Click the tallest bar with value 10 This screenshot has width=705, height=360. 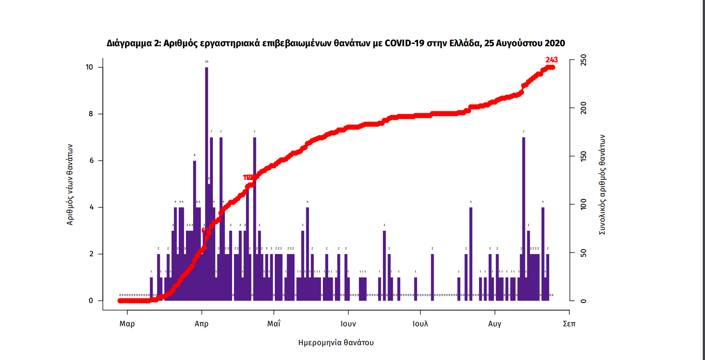(207, 180)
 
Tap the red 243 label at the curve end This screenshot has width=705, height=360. (551, 60)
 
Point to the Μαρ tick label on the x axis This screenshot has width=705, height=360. (127, 324)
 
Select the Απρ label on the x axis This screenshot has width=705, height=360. (202, 324)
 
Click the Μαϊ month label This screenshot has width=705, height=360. (274, 324)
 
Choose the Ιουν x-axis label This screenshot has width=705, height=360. (348, 324)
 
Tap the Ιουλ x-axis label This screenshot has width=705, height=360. (420, 324)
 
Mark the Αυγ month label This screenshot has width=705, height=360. (495, 324)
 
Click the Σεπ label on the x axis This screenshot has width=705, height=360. (569, 324)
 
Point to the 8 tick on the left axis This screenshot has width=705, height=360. (91, 114)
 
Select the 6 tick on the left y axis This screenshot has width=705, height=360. (92, 161)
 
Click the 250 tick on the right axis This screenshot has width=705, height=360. (583, 60)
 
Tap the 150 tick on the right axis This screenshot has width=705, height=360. (583, 156)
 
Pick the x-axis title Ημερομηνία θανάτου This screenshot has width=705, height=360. (336, 342)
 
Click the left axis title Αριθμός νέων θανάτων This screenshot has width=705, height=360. (70, 184)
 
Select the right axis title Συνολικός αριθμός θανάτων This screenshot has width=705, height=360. (602, 184)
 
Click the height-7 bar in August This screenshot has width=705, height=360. (524, 215)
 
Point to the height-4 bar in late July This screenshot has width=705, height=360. (471, 251)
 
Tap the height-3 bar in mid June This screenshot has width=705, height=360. (384, 265)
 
